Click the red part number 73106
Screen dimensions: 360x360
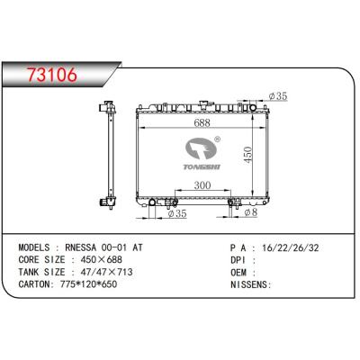(x=52, y=75)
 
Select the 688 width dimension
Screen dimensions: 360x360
(x=202, y=122)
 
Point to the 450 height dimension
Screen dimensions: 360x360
(x=247, y=155)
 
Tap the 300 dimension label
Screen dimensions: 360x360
(x=202, y=185)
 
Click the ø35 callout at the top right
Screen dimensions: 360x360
(x=278, y=96)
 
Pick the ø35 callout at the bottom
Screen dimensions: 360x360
(x=177, y=213)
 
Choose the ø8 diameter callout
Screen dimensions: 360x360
(x=251, y=212)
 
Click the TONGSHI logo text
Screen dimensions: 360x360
(x=202, y=166)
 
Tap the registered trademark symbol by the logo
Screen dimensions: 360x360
(x=218, y=139)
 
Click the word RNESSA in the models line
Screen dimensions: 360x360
(x=81, y=247)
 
